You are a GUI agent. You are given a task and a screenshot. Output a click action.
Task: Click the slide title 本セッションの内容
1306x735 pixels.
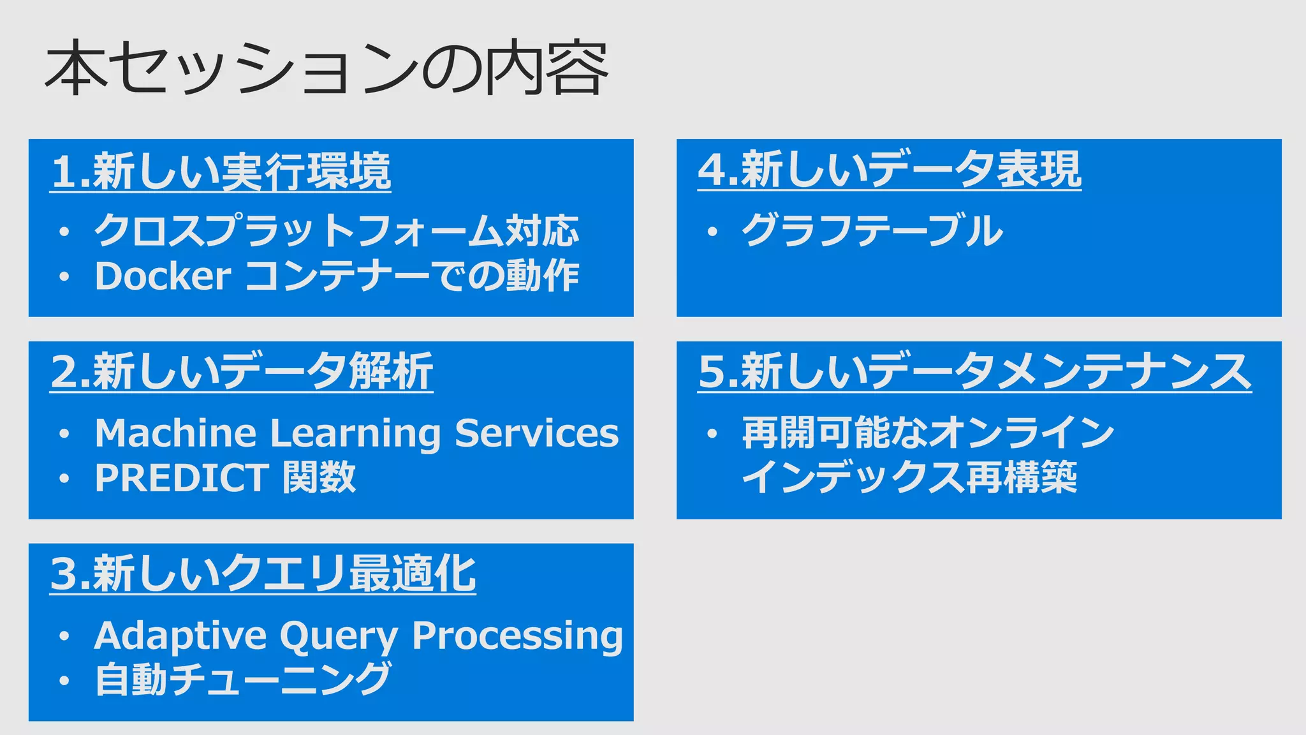coord(326,69)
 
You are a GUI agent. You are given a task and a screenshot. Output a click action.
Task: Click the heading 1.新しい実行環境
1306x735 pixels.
coord(221,172)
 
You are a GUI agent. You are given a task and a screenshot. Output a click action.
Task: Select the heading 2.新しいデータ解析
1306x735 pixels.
coord(242,372)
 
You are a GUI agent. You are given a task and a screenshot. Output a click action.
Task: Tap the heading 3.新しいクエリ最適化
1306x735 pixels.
coord(263,574)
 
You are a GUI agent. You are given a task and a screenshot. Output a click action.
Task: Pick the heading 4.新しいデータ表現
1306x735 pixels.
coord(890,170)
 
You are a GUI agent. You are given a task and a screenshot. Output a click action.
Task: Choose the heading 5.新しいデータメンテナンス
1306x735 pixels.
coord(974,372)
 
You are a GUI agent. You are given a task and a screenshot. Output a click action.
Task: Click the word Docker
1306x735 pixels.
coord(163,276)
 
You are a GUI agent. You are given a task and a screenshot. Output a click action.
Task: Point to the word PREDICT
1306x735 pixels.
coord(182,478)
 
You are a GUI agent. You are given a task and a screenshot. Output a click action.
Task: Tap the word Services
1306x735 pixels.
coord(536,433)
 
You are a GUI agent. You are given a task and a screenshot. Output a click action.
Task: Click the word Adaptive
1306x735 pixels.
coord(180,636)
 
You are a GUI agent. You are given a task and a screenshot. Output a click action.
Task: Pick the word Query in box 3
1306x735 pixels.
coord(339,637)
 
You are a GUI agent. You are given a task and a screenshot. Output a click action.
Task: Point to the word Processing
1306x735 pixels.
coord(517,636)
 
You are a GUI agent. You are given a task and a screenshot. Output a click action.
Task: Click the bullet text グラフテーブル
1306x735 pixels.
coord(872,231)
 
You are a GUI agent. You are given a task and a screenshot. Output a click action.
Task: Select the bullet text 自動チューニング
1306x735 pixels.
coord(242,679)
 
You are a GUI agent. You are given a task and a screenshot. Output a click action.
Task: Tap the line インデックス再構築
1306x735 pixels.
coord(909,478)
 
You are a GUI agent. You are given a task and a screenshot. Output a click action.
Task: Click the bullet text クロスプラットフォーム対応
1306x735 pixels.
coord(337,231)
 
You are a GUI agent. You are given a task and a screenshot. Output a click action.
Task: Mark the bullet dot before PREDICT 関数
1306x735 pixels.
coord(64,479)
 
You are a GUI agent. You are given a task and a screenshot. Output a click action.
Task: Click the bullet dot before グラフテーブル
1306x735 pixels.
coord(712,232)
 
